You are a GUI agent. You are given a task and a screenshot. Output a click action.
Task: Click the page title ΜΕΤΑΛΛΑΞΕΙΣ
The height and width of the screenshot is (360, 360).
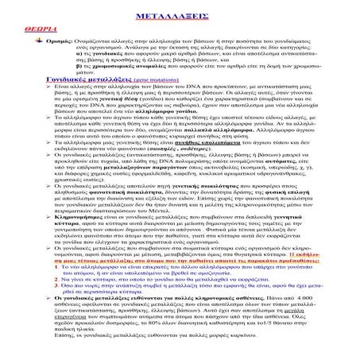click(180, 16)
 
